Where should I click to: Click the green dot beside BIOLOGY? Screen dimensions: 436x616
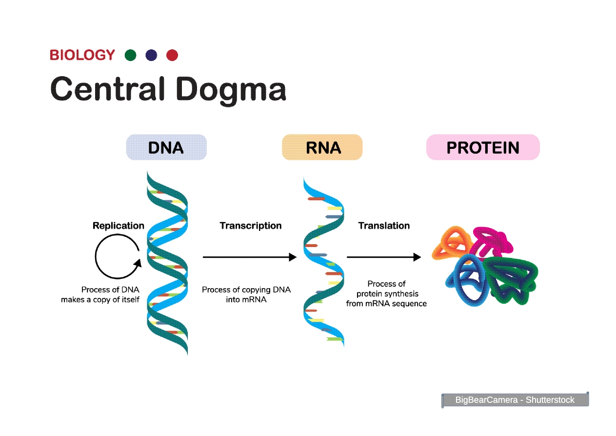130,55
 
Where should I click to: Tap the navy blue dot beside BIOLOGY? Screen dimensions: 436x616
151,55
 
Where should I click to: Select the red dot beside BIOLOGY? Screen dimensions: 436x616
172,55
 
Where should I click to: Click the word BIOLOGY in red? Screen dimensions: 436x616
82,55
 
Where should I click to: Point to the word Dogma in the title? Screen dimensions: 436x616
231,89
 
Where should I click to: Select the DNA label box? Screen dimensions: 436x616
166,147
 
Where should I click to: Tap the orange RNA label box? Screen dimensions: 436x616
322,147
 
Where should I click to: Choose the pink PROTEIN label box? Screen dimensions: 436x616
483,147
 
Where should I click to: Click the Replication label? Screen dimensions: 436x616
119,226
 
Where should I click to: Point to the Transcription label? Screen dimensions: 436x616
251,226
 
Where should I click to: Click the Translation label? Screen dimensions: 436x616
384,226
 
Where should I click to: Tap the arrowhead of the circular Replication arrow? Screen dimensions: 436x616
137,264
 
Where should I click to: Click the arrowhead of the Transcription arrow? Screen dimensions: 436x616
293,257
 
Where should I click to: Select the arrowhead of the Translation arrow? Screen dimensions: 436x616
417,257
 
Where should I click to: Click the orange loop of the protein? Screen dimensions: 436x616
451,243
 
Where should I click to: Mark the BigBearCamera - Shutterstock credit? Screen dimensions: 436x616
515,400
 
